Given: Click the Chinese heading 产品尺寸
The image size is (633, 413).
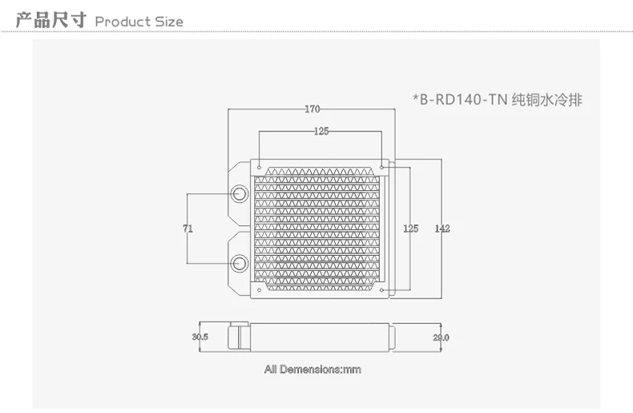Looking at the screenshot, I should click(50, 19).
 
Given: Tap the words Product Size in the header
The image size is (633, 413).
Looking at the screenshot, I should click(139, 21).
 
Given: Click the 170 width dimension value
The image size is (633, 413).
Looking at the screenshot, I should click(313, 108).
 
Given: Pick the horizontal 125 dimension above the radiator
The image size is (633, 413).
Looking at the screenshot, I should click(321, 130).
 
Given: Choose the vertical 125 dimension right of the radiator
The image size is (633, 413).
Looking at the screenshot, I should click(410, 229).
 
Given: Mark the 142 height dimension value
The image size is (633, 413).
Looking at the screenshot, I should click(441, 229).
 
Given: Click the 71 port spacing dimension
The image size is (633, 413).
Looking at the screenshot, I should click(187, 229).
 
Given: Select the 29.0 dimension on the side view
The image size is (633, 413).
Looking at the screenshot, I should click(441, 338).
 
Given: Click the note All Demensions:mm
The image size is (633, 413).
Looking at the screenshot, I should click(313, 369).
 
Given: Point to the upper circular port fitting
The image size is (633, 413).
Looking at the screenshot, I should click(240, 194).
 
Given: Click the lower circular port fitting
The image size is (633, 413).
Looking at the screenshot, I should click(240, 263).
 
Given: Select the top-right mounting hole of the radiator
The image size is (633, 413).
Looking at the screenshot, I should click(381, 166).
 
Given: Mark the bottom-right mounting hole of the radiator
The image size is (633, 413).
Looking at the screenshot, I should click(381, 290).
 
